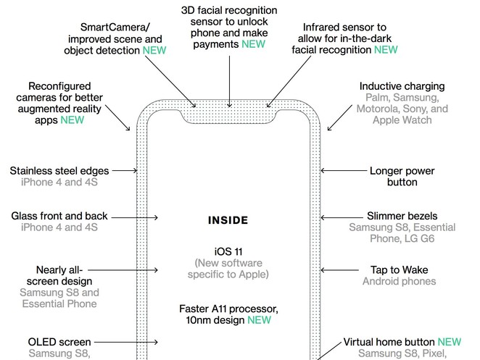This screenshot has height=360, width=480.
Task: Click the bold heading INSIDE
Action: (228, 220)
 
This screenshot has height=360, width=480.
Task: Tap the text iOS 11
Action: (228, 251)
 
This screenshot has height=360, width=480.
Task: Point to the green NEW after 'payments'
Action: (253, 43)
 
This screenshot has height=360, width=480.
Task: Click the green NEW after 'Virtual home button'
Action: (449, 341)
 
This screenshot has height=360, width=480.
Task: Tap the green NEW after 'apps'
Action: (73, 120)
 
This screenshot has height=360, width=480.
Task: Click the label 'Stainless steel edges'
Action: (59, 171)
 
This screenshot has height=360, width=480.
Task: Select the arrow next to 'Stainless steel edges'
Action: (125, 171)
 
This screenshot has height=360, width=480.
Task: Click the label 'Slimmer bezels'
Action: (402, 216)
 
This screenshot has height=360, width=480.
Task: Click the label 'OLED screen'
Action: (59, 342)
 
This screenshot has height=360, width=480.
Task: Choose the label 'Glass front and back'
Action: (59, 216)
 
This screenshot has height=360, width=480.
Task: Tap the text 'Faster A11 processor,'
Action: (228, 308)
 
